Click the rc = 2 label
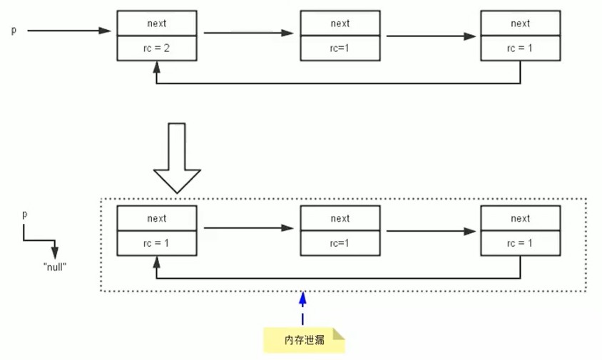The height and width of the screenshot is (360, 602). point(156,48)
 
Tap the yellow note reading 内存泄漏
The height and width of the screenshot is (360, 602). point(304,340)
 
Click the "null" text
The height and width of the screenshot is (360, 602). point(55,267)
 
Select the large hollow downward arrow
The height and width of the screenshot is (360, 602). point(177,158)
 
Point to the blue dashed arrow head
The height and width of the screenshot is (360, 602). point(302,299)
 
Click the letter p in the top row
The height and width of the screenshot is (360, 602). point(14,31)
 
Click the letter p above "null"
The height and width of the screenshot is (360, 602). point(24,214)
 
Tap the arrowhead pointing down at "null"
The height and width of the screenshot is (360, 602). point(55,252)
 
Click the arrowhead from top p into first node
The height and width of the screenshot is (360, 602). point(105,31)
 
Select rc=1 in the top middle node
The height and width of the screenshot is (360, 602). point(340,48)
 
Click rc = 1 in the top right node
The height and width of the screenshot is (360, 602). point(520,48)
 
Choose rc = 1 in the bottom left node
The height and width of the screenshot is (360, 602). point(156,243)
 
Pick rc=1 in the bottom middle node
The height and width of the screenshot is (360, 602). point(340,243)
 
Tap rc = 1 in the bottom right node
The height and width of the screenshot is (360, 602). point(520,243)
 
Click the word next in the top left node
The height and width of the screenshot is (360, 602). point(157,24)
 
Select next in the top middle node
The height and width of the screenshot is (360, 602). point(340,24)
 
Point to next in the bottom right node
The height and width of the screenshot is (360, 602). point(520,218)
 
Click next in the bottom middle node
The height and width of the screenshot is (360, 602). point(340,218)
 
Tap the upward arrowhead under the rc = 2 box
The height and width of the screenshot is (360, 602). point(156,67)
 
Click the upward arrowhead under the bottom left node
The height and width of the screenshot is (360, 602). point(156,262)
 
